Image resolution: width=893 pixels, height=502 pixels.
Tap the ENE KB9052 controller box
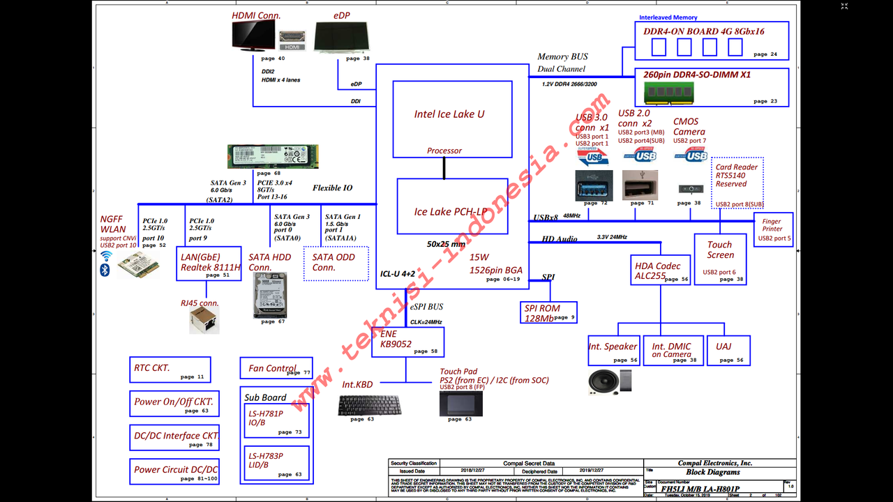(407, 342)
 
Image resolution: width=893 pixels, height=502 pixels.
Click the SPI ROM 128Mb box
(550, 312)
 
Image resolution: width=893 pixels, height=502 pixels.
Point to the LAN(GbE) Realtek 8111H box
(209, 263)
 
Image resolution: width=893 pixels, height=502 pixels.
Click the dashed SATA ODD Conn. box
(336, 263)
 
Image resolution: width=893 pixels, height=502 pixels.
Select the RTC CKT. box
(170, 369)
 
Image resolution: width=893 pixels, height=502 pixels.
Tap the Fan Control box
(276, 368)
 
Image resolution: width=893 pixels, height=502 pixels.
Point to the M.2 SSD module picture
(273, 155)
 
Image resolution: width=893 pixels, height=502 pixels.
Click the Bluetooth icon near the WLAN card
(105, 270)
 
